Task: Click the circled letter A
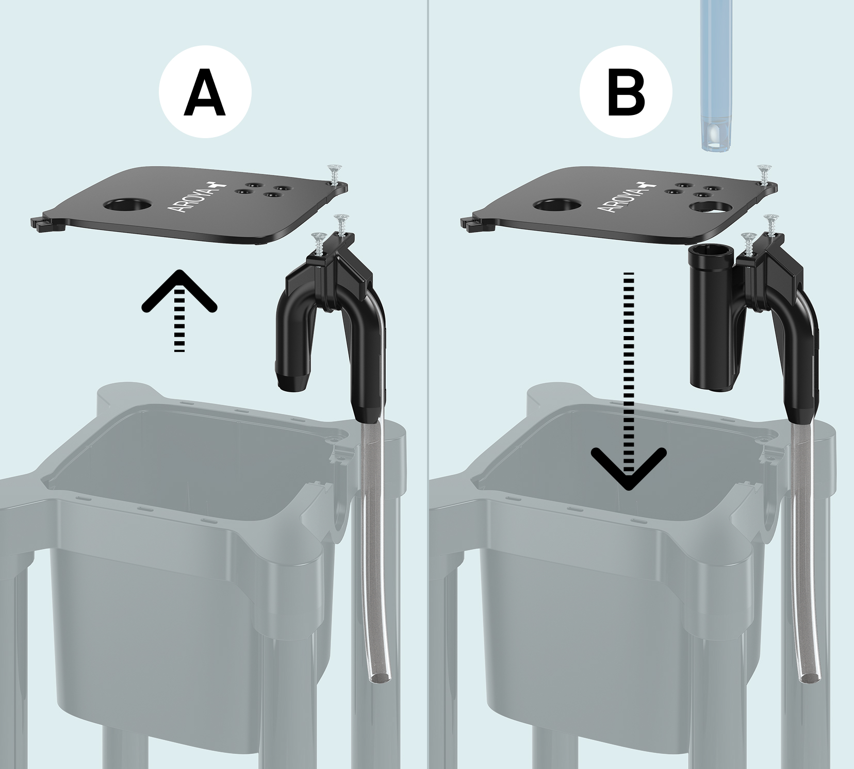[205, 93]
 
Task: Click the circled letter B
[626, 93]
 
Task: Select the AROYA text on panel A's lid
[191, 196]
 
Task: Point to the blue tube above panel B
[719, 75]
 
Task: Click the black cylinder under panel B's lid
[712, 319]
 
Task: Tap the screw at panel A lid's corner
[334, 176]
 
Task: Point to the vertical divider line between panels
[428, 384]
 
